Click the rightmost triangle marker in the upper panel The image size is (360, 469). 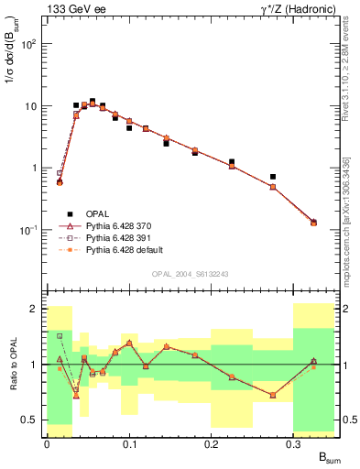pyautogui.click(x=314, y=222)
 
